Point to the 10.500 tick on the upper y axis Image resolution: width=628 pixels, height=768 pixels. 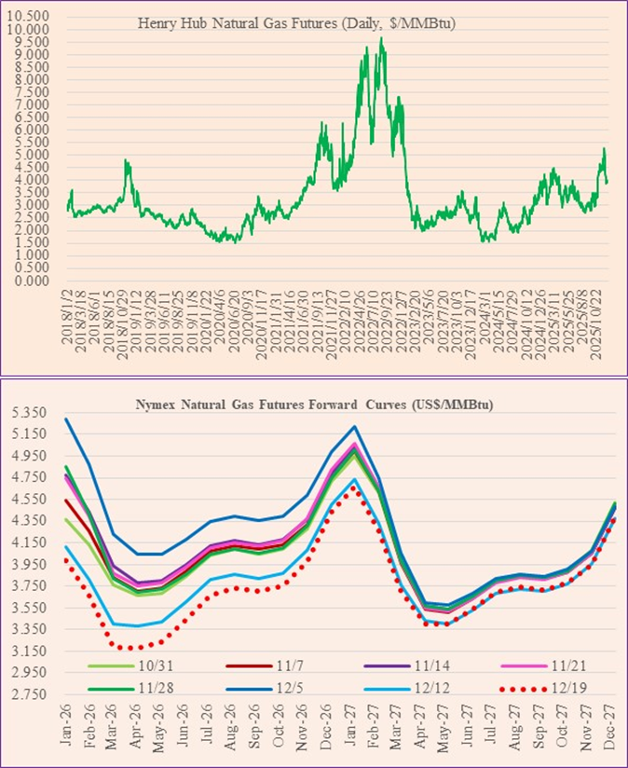[x=32, y=17]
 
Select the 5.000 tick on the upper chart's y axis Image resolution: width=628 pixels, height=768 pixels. [x=32, y=155]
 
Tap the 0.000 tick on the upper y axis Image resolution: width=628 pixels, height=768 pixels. [x=32, y=281]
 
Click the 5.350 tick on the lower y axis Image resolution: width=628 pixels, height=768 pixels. [x=29, y=413]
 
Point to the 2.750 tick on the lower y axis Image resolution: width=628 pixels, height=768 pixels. [x=29, y=694]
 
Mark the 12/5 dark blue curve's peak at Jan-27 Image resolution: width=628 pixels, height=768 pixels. [x=354, y=427]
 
